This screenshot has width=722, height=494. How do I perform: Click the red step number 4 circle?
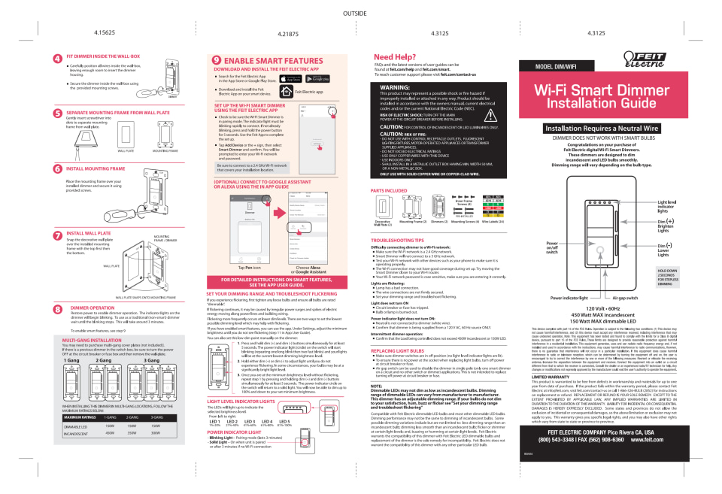(x=58, y=58)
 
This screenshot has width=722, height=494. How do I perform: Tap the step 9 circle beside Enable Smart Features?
(x=217, y=60)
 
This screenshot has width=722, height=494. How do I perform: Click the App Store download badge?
(x=295, y=79)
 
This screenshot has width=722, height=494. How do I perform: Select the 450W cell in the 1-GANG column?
(x=109, y=434)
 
